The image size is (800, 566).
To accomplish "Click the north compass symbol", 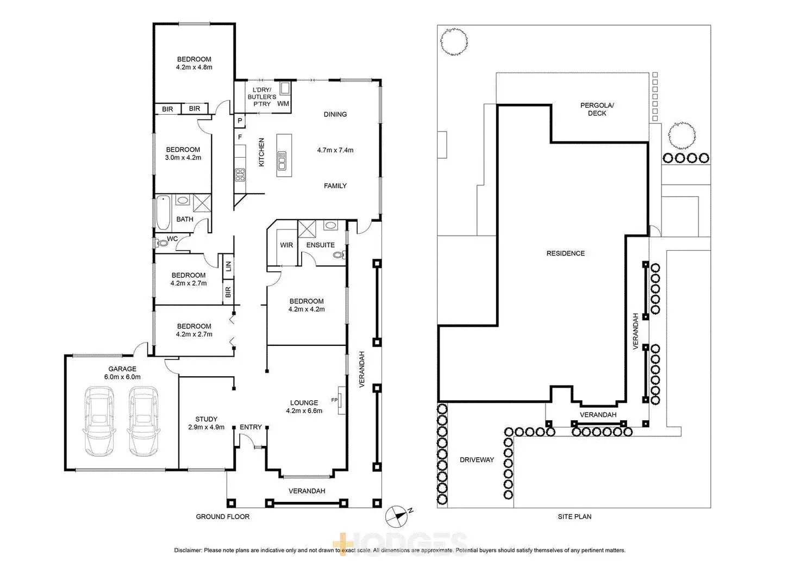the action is [x=397, y=514].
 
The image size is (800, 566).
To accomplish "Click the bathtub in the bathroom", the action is [x=163, y=213].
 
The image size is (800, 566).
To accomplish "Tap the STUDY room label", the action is [x=207, y=419].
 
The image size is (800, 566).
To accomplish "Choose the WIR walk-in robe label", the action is [x=286, y=245].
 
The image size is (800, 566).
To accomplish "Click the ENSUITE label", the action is [x=321, y=245].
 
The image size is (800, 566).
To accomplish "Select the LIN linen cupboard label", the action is [x=228, y=266].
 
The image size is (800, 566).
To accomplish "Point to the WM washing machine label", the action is [x=283, y=103].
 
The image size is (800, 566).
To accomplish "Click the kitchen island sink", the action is [x=282, y=160].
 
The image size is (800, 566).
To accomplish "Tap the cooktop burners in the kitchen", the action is [x=241, y=175].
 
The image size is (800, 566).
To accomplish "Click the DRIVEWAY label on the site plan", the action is [x=477, y=459].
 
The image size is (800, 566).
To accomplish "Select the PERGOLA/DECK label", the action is [x=597, y=109].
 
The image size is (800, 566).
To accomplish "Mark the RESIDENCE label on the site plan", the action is [x=565, y=253].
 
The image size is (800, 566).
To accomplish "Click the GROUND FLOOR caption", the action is [x=223, y=517].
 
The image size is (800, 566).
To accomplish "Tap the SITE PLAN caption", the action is [x=574, y=517].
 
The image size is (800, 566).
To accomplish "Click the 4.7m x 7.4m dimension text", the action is [x=335, y=150].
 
